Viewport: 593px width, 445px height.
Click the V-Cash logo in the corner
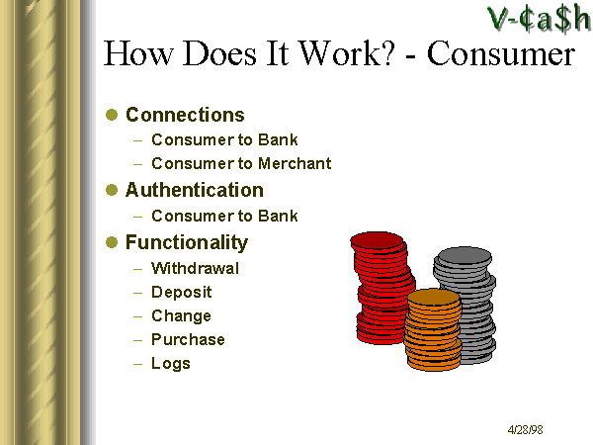tap(539, 18)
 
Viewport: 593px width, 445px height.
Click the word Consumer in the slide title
tap(501, 53)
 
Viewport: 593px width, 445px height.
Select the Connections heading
tap(185, 115)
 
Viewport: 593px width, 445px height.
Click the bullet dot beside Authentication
tap(112, 190)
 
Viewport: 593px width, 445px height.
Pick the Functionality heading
tap(187, 242)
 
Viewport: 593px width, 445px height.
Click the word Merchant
tap(295, 163)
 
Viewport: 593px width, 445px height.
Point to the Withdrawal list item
tap(195, 268)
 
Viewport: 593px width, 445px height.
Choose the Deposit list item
tap(182, 292)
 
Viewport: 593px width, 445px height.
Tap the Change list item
tap(181, 316)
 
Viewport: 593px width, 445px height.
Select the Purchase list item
tap(188, 339)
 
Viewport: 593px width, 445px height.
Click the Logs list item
tap(171, 363)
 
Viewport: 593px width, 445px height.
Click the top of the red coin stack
tap(378, 240)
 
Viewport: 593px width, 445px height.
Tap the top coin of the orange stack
tap(434, 298)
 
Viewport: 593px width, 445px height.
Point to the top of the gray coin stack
tap(465, 256)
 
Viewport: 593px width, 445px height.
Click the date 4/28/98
tap(526, 430)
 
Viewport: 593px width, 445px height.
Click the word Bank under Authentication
tap(278, 216)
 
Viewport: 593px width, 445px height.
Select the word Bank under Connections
tap(278, 140)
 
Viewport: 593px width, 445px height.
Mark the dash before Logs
tap(138, 364)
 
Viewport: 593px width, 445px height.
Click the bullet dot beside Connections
tap(112, 115)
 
